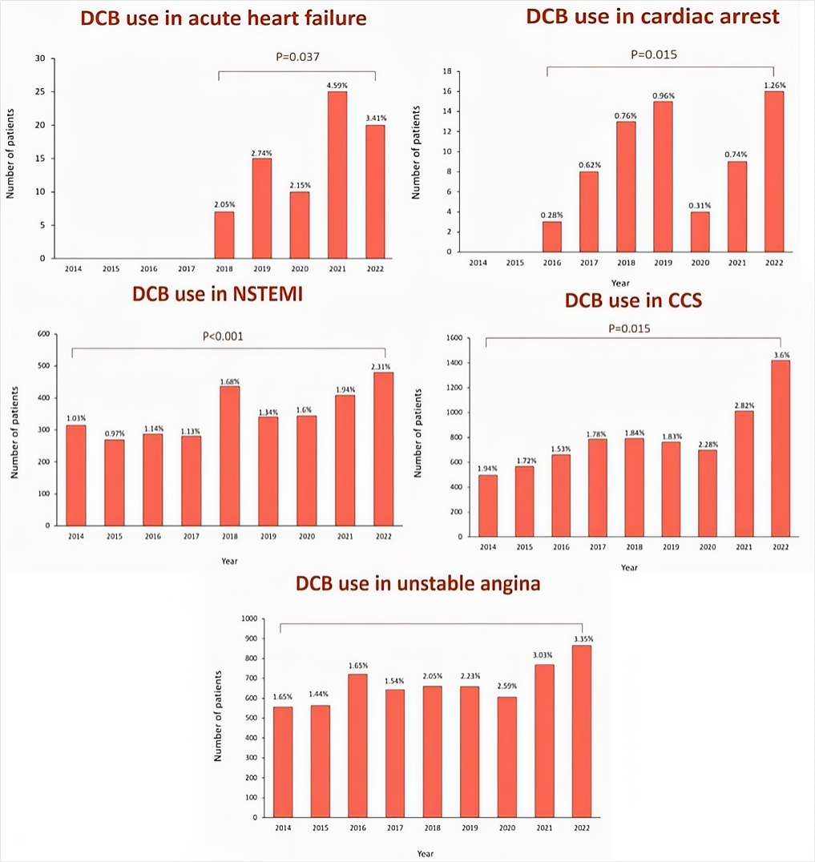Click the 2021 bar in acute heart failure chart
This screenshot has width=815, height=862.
[x=337, y=175]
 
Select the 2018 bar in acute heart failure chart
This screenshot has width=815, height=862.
[x=224, y=235]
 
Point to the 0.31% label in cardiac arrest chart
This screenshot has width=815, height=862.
[x=700, y=204]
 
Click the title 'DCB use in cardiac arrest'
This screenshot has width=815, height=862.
[x=652, y=17]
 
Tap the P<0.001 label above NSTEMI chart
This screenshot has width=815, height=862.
[x=222, y=336]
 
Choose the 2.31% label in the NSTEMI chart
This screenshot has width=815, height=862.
[x=383, y=365]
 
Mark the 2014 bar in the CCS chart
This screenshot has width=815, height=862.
[x=488, y=506]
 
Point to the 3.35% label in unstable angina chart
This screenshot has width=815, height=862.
[x=583, y=638]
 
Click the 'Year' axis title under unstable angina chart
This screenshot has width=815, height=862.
[x=426, y=853]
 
